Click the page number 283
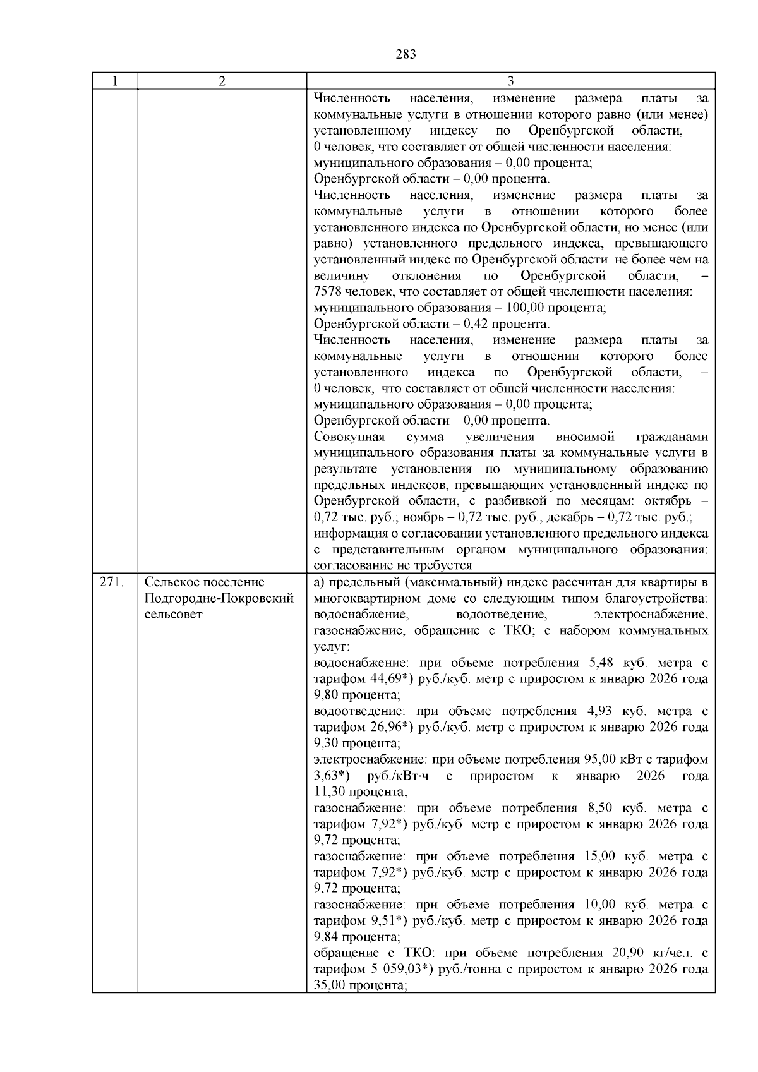tap(406, 54)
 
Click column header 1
tap(115, 81)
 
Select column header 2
tap(222, 81)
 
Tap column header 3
tap(510, 81)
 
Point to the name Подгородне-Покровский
tap(219, 598)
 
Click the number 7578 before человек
tap(327, 292)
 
